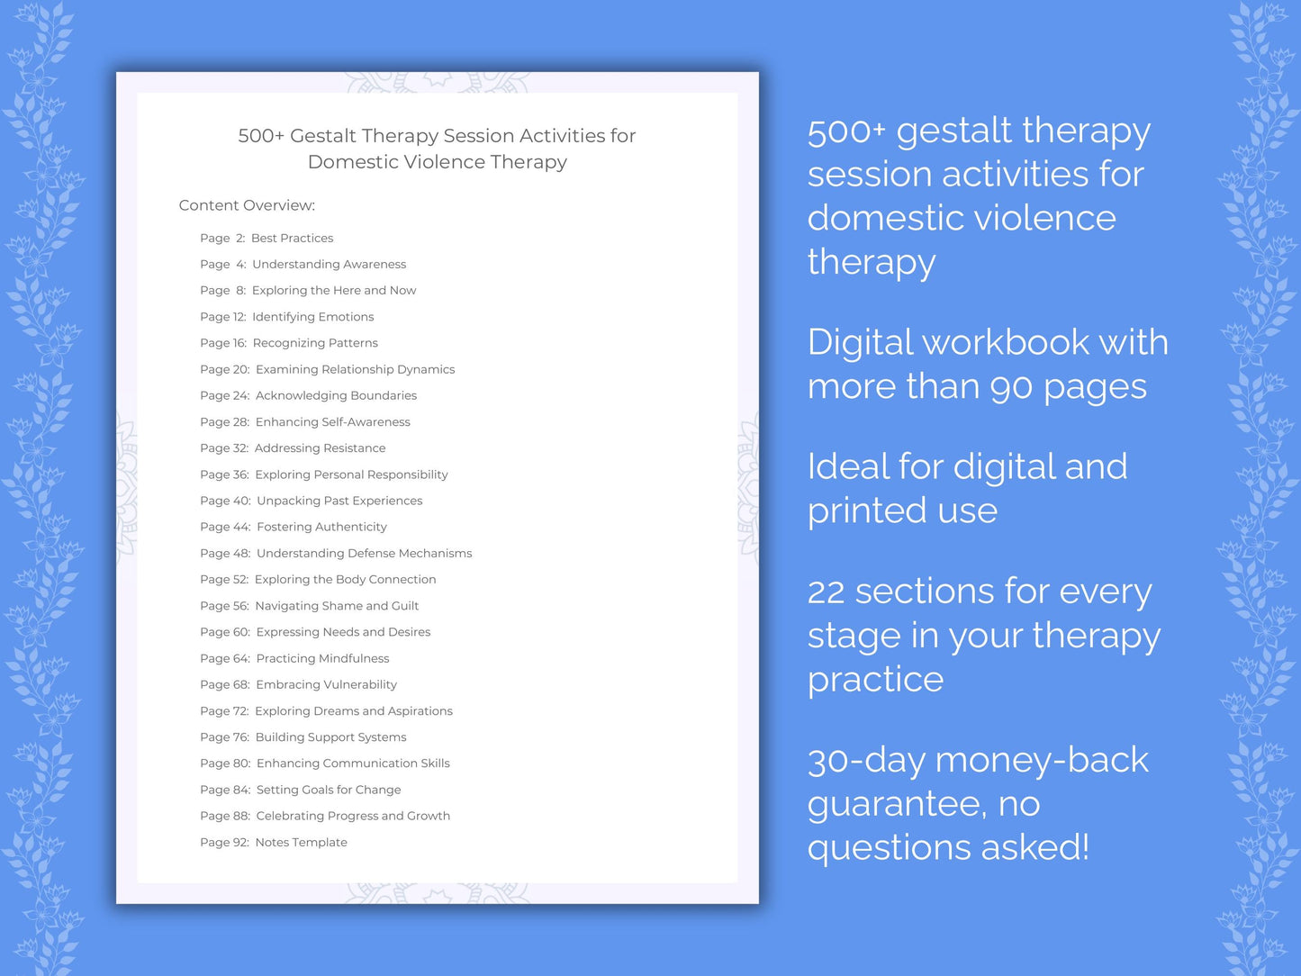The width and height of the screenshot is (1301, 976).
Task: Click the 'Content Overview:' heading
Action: [x=247, y=205]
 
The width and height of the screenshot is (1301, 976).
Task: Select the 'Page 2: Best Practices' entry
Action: [x=267, y=238]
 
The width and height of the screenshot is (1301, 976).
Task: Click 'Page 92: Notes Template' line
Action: [x=274, y=843]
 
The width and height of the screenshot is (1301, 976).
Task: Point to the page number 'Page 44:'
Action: [x=225, y=527]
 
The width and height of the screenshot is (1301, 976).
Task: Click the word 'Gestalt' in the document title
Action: [x=322, y=136]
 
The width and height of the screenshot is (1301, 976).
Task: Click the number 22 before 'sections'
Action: [x=826, y=592]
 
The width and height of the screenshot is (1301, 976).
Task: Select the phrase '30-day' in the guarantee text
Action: [x=866, y=761]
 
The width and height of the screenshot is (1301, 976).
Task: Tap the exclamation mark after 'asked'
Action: [x=1084, y=846]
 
